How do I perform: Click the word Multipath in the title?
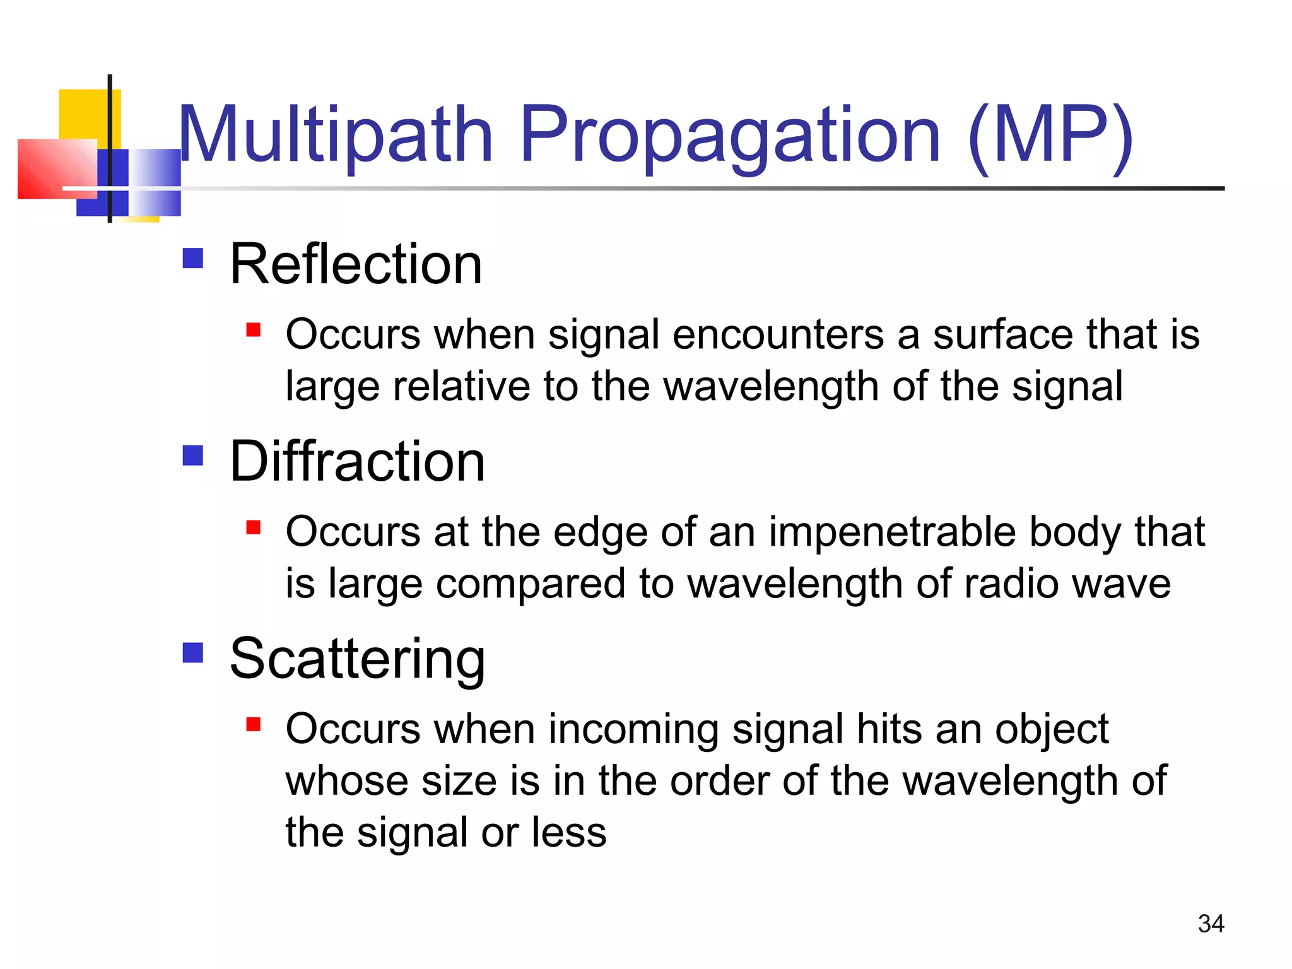[x=335, y=136]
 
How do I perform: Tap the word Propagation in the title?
[x=730, y=136]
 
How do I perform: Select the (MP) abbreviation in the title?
[x=1050, y=136]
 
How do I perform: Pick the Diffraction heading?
[x=357, y=461]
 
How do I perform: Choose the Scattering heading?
[x=357, y=659]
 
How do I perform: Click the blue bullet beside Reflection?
[x=193, y=258]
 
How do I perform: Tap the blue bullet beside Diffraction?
[x=193, y=455]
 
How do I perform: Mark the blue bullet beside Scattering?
[x=193, y=652]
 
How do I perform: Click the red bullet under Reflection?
[x=254, y=330]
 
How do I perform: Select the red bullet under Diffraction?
[x=254, y=527]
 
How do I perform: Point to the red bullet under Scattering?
[x=254, y=724]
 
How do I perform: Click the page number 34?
[x=1211, y=924]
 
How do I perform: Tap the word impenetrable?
[x=892, y=531]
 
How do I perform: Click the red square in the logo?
[x=54, y=169]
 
